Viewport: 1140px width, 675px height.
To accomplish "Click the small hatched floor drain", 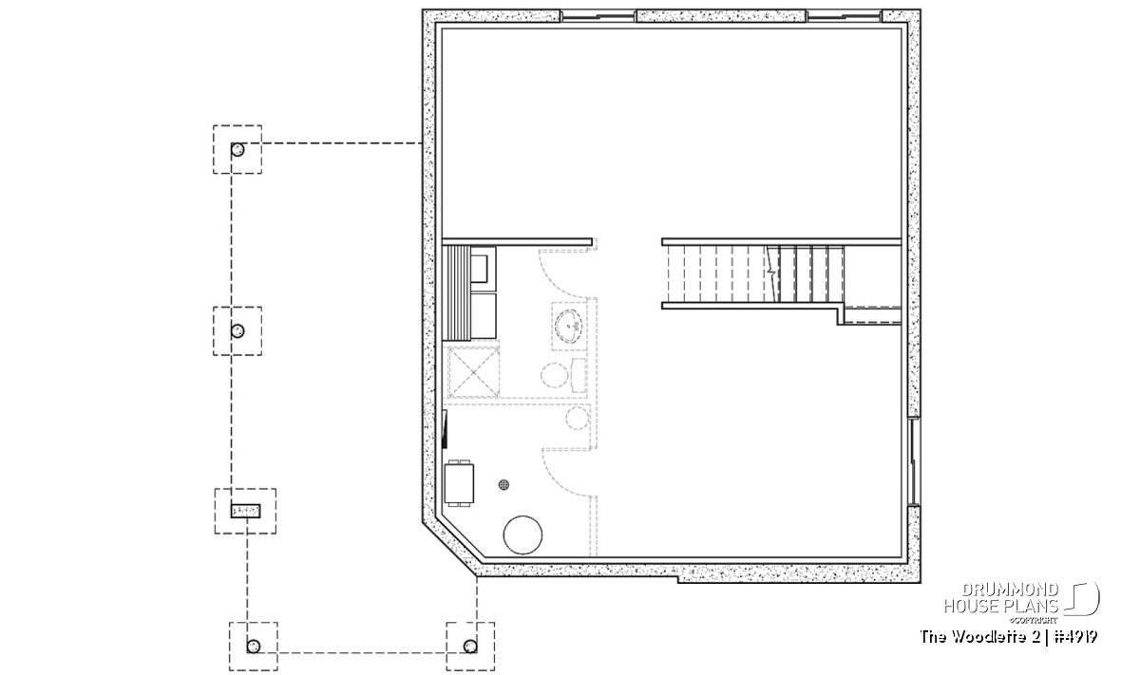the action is [503, 485].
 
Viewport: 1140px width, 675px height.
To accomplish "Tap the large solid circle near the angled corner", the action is [522, 534].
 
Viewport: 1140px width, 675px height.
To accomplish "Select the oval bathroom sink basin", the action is [568, 326].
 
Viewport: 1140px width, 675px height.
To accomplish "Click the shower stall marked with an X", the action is [474, 372].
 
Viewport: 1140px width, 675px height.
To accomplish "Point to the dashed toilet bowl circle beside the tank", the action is [554, 375].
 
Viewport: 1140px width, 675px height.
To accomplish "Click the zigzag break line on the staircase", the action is [772, 273].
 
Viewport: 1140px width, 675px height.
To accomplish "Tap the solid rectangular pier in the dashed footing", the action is [246, 511].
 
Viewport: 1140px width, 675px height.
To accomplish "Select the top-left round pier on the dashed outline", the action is [237, 150].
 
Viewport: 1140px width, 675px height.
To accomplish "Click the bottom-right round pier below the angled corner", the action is [470, 647].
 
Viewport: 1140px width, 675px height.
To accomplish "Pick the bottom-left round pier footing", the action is [254, 647].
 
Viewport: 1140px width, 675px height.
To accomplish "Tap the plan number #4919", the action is [1074, 637].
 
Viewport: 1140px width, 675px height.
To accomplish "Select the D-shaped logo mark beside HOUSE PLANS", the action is [1081, 599].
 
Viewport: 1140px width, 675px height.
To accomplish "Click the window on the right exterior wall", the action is [914, 462].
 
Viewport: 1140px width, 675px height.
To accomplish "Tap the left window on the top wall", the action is [598, 16].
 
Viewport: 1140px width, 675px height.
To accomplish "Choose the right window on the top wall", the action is [845, 16].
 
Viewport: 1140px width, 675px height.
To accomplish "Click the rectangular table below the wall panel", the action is [459, 483].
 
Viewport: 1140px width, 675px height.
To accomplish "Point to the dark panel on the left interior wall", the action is [445, 430].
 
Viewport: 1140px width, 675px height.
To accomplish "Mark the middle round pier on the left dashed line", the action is [237, 331].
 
